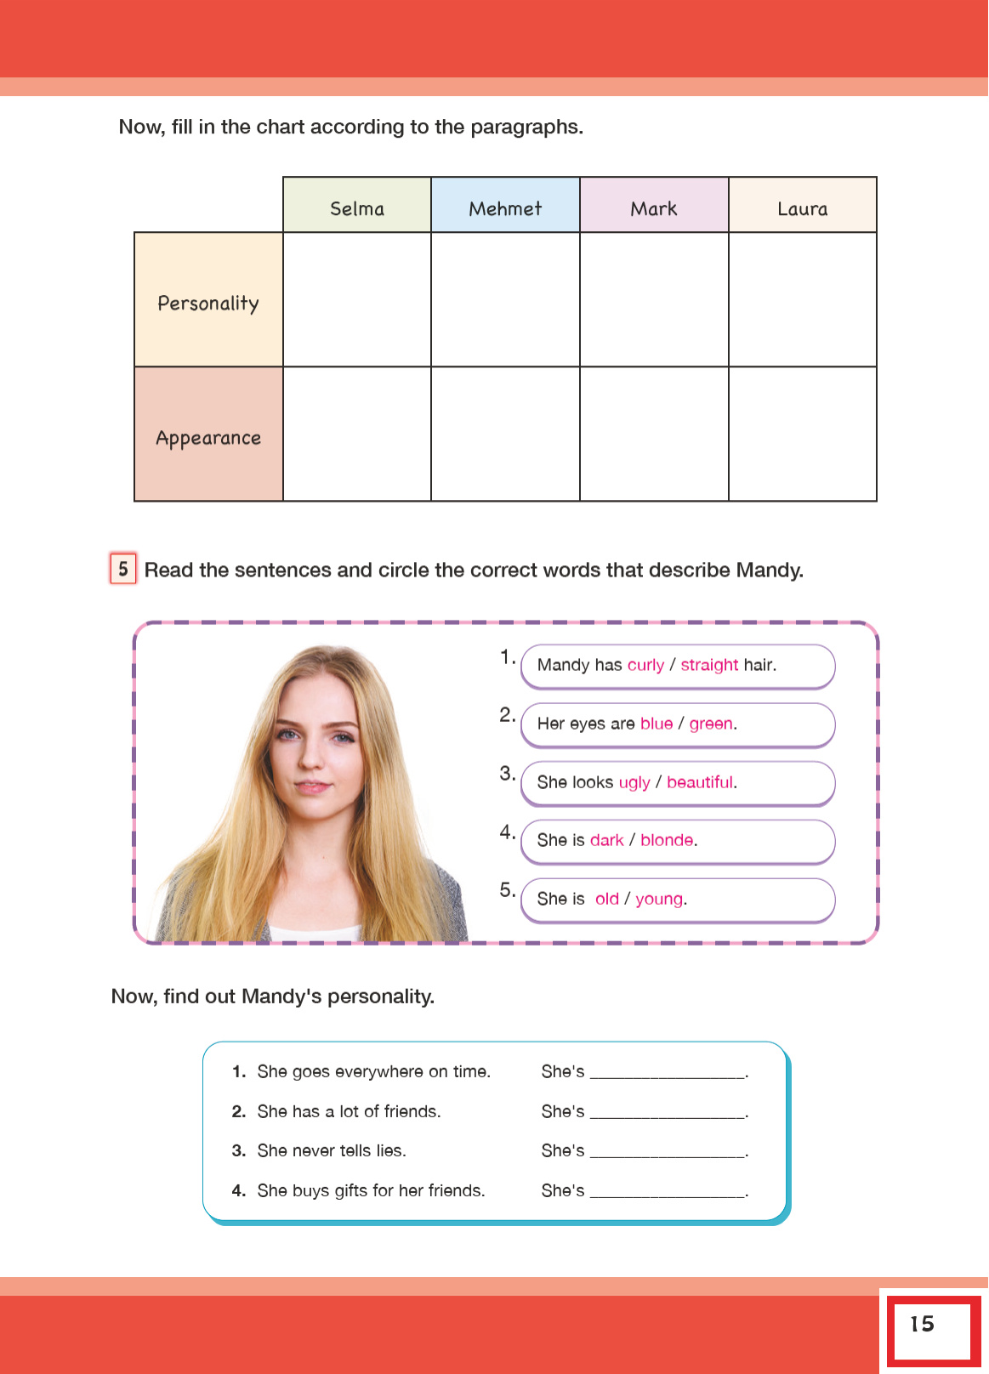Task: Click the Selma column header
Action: click(x=357, y=208)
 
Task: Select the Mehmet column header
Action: click(x=505, y=208)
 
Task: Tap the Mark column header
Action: click(x=654, y=208)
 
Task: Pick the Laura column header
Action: click(x=802, y=208)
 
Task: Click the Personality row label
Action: click(x=208, y=303)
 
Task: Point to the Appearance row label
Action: click(x=208, y=438)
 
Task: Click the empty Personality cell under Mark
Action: click(x=654, y=299)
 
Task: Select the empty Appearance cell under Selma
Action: click(x=357, y=434)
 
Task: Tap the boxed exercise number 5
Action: click(x=123, y=569)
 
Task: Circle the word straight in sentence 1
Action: click(x=709, y=665)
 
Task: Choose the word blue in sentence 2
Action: click(x=656, y=724)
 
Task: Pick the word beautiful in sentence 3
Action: click(x=700, y=782)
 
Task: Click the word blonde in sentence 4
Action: click(x=667, y=840)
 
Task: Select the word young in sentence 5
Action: click(x=659, y=899)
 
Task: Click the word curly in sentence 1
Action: click(x=645, y=665)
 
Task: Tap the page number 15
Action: click(x=923, y=1324)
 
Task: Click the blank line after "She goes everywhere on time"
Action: click(x=668, y=1073)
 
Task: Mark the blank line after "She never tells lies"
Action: click(x=668, y=1152)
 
